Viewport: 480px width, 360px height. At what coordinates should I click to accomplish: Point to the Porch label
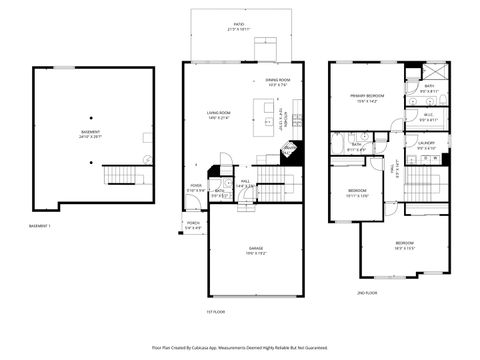pos(193,225)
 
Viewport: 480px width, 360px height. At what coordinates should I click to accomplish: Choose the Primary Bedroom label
pos(363,98)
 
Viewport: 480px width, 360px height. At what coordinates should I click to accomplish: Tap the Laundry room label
pos(427,145)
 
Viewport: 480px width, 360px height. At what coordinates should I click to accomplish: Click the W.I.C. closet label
pos(427,116)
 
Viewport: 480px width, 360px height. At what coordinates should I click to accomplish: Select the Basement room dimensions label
pos(91,135)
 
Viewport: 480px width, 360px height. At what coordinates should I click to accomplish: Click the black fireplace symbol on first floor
pos(291,149)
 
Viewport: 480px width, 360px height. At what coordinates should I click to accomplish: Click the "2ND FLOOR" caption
pos(367,293)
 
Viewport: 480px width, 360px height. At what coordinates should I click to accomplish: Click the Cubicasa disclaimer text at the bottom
pos(240,347)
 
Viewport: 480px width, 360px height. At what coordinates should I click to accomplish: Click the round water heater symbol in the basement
pos(148,158)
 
